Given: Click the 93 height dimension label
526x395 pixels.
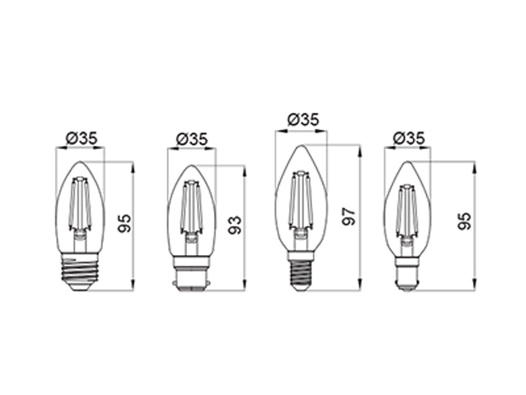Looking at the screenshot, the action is (235, 225).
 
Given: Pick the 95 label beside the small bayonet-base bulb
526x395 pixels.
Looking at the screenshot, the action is (465, 221).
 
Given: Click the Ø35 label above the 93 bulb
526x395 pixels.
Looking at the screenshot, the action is (192, 139).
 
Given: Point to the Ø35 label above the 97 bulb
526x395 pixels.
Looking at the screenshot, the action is (303, 119).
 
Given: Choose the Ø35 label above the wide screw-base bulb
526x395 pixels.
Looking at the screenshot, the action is (81, 138).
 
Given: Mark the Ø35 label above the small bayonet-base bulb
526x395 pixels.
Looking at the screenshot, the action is (409, 138).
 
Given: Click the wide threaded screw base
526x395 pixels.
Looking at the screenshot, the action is (80, 272).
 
